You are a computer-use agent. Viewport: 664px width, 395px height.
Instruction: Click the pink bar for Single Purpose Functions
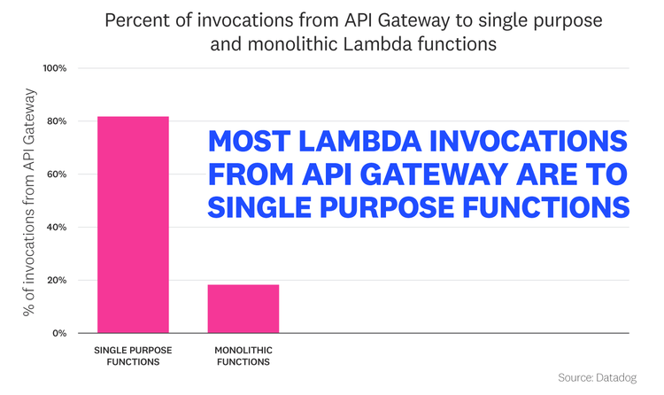133,225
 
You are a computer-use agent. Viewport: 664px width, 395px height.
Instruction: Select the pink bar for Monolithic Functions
243,308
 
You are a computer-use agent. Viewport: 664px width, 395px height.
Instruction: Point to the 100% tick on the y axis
54,68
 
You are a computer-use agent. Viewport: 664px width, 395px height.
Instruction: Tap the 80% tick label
56,121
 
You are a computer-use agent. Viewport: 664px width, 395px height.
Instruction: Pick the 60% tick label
56,174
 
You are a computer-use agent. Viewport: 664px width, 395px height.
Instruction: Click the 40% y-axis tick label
56,228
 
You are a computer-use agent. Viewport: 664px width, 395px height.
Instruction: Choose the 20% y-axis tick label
56,281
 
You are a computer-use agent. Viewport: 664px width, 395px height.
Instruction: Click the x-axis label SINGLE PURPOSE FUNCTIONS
133,355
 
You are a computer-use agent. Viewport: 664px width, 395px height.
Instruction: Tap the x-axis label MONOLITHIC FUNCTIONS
243,355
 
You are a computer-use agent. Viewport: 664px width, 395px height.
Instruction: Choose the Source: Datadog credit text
598,378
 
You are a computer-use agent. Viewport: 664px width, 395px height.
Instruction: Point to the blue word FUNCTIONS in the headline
552,207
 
